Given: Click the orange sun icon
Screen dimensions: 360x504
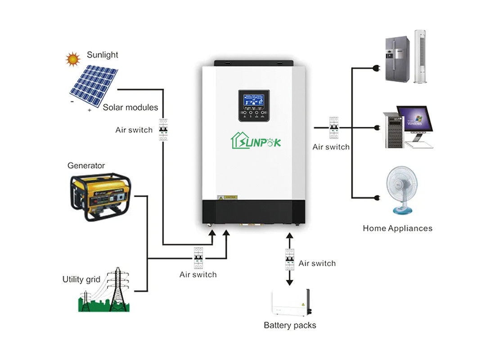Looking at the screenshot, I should tap(72, 58).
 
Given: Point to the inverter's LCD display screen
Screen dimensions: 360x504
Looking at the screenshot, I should tap(253, 100).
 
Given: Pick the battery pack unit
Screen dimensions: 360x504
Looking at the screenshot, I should tap(290, 303).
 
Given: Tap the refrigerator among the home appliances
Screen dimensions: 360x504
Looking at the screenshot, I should tap(397, 59).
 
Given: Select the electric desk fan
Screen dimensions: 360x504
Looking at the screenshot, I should tap(401, 189).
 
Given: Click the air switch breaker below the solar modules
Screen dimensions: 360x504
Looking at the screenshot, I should tap(163, 130).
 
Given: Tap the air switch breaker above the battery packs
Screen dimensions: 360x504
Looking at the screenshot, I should tap(289, 260).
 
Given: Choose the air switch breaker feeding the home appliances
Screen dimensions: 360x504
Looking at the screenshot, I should tap(333, 128).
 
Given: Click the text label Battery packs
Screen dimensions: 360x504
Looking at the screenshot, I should tap(290, 325).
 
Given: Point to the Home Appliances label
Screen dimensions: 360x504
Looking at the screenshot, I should tap(397, 228).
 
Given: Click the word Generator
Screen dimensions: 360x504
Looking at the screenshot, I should tap(86, 166).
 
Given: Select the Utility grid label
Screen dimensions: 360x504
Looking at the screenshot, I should tap(81, 279).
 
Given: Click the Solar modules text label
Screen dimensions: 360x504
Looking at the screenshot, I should tap(130, 108).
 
